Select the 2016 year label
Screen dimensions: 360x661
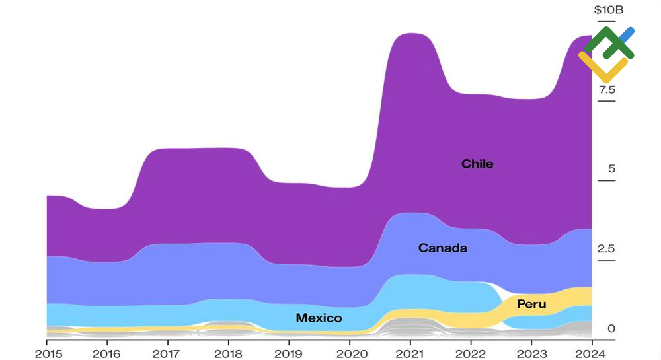point(107,353)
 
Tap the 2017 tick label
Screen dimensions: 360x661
point(168,353)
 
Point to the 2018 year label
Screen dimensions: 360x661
point(229,353)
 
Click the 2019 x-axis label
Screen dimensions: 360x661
point(289,353)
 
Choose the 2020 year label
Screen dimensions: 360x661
point(350,353)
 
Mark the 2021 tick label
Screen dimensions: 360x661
point(410,353)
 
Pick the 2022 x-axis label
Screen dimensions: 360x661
point(471,353)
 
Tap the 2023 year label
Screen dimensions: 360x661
point(531,353)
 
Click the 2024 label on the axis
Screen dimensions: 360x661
point(592,353)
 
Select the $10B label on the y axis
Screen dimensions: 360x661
point(609,10)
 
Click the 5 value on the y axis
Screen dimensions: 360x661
point(611,169)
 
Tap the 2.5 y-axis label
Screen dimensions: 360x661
point(607,249)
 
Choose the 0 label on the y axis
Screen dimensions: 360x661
point(611,328)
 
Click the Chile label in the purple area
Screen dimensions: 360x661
point(477,164)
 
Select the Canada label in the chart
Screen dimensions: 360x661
point(442,248)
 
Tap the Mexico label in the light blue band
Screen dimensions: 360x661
point(319,318)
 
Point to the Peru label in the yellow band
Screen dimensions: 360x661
point(531,305)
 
